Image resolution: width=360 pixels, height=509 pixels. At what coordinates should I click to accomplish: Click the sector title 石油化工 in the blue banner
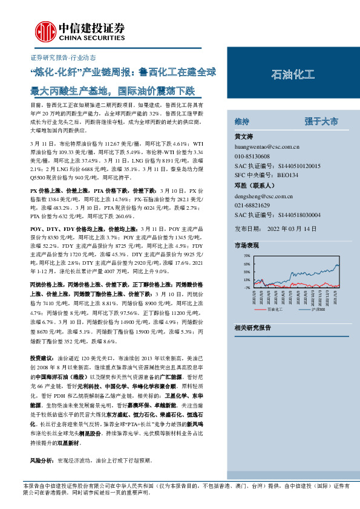point(293,75)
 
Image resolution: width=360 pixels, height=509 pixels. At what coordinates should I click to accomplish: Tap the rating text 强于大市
point(321,122)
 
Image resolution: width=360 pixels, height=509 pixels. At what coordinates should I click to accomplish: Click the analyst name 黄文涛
point(244,137)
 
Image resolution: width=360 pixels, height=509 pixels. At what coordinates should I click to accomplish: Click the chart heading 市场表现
point(246,245)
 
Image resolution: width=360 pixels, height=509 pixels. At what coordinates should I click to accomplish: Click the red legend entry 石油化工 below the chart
point(274,308)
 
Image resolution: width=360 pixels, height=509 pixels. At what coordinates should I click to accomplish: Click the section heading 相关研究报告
point(252,327)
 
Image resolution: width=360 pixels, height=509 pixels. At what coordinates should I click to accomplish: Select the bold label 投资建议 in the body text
point(41,358)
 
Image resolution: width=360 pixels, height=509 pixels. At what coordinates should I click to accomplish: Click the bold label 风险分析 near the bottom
point(41,460)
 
